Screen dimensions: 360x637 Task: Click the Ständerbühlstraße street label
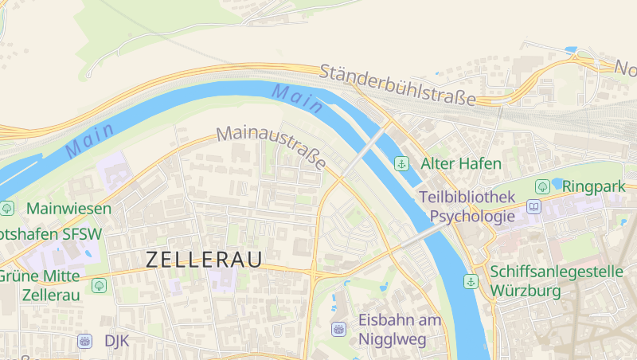point(398,85)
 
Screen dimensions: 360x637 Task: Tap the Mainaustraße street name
point(272,147)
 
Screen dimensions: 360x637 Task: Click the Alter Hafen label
point(461,164)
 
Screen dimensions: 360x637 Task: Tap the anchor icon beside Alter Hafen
point(403,164)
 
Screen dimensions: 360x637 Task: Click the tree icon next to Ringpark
point(542,186)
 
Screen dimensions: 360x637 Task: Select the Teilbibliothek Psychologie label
point(467,206)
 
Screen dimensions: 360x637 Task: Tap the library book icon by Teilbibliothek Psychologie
point(533,207)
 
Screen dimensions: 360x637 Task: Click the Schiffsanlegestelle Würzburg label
point(557,281)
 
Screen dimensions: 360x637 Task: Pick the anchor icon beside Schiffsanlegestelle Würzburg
point(471,281)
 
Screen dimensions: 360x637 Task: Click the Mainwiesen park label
point(68,209)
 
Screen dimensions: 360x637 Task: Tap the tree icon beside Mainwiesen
point(7,209)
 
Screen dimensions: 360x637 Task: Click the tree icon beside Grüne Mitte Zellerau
point(99,284)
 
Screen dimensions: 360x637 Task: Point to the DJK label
point(116,341)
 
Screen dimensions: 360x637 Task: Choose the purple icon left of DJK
point(85,341)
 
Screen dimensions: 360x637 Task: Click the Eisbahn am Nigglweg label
point(399,330)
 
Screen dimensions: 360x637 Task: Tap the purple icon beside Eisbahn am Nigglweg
point(338,328)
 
